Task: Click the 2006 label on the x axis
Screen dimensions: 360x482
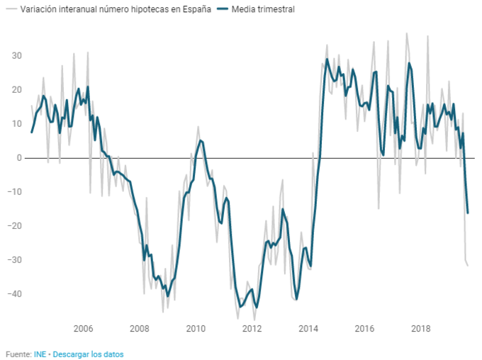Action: [x=83, y=328]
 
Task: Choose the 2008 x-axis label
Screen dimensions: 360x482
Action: [x=140, y=328]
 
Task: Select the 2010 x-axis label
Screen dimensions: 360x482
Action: [x=196, y=328]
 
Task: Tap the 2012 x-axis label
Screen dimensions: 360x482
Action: [x=252, y=328]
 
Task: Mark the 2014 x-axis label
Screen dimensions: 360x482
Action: [x=308, y=328]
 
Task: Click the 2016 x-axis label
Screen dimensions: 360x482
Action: [x=365, y=328]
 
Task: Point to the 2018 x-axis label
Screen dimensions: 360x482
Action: [x=421, y=328]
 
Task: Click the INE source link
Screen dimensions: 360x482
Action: [x=40, y=354]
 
